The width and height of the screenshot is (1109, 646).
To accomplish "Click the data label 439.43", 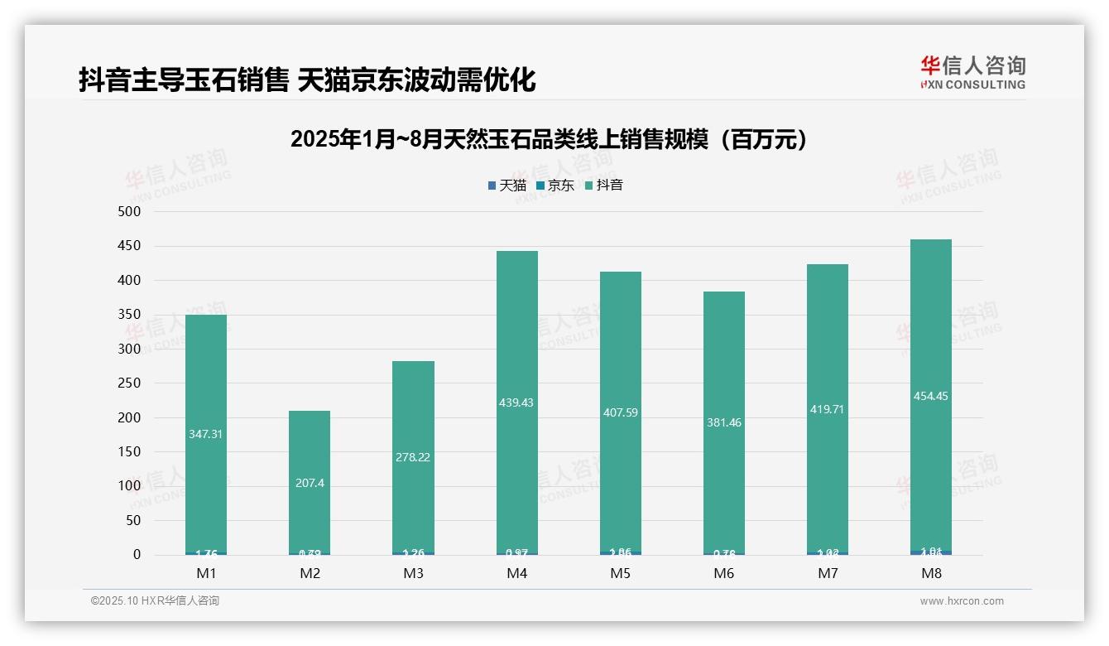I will pyautogui.click(x=516, y=403).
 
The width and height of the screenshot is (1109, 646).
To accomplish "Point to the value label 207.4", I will pyautogui.click(x=310, y=483).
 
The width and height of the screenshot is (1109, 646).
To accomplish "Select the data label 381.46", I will pyautogui.click(x=723, y=422).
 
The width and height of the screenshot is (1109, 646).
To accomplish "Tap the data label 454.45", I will pyautogui.click(x=930, y=396).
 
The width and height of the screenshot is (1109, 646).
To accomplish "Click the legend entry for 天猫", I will pyautogui.click(x=506, y=186).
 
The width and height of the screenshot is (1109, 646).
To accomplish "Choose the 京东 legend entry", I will pyautogui.click(x=554, y=186).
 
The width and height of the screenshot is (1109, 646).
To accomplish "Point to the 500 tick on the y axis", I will pyautogui.click(x=130, y=212).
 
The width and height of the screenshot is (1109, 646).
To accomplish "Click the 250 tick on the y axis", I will pyautogui.click(x=130, y=383).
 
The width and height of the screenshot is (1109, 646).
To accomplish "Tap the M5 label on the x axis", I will pyautogui.click(x=620, y=574).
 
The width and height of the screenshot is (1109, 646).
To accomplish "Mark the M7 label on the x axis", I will pyautogui.click(x=827, y=574).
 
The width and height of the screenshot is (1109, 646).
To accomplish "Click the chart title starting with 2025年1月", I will pyautogui.click(x=549, y=140).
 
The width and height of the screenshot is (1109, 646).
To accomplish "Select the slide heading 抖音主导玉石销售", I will pyautogui.click(x=307, y=80).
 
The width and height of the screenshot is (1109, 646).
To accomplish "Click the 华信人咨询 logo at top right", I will pyautogui.click(x=972, y=72).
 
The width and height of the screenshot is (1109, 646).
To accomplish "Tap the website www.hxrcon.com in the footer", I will pyautogui.click(x=962, y=601).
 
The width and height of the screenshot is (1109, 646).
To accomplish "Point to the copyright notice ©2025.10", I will pyautogui.click(x=155, y=601).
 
